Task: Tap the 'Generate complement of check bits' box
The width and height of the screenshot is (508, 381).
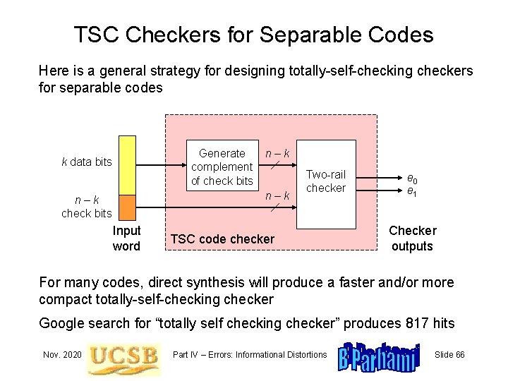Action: (x=222, y=167)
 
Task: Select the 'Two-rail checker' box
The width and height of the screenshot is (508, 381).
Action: (x=325, y=181)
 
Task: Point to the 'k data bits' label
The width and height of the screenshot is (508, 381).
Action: (x=87, y=162)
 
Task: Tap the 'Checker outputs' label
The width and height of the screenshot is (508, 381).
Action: (x=413, y=238)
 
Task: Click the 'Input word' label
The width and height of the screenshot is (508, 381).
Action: (x=126, y=238)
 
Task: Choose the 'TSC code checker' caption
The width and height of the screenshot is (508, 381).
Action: (x=222, y=239)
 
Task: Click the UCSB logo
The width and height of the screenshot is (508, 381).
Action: (x=123, y=355)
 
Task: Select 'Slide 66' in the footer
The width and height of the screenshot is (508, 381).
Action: (x=449, y=354)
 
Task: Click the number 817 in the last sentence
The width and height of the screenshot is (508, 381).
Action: (x=418, y=323)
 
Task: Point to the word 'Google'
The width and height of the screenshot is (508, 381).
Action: (x=62, y=323)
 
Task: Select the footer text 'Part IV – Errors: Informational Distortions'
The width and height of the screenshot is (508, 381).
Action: (x=250, y=354)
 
